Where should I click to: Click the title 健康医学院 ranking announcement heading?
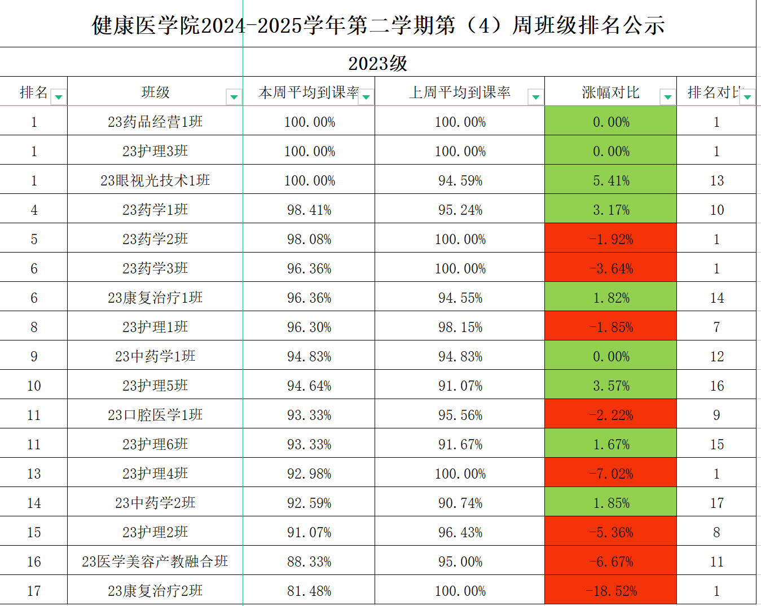[x=378, y=25]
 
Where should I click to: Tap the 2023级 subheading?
[x=377, y=63]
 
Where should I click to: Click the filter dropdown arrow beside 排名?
[x=58, y=98]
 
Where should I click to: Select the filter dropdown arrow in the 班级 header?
[x=234, y=98]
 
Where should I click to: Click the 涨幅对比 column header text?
[x=610, y=92]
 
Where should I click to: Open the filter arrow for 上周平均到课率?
[x=535, y=98]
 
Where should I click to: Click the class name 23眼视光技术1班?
[x=155, y=180]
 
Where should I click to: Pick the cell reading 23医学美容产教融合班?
[x=155, y=561]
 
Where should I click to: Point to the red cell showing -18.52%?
[x=611, y=591]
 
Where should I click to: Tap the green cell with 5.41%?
[x=611, y=180]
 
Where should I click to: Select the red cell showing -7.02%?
[x=611, y=474]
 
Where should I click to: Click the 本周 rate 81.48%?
[x=309, y=591]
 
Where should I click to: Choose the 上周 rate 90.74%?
[x=460, y=503]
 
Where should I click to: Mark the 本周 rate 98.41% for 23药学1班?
[x=309, y=210]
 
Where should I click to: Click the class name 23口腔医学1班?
[x=155, y=415]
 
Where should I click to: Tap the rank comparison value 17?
[x=716, y=503]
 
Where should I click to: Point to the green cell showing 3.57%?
[x=611, y=386]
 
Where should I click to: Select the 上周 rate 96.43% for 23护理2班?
[x=460, y=532]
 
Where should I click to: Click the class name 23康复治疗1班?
[x=155, y=298]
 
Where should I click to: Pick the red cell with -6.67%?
[x=611, y=561]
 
